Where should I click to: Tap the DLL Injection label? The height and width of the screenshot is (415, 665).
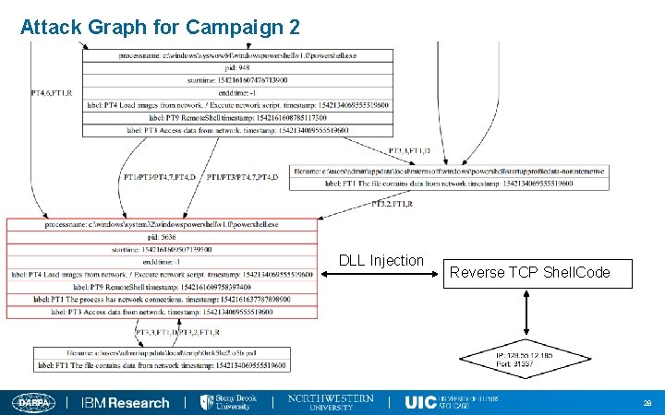[x=381, y=261]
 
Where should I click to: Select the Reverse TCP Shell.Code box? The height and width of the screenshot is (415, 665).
[x=529, y=273]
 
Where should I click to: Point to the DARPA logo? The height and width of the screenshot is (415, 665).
[x=33, y=402]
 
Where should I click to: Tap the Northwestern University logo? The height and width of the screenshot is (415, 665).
[x=331, y=402]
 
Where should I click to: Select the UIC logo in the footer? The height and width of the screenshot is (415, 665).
[x=451, y=402]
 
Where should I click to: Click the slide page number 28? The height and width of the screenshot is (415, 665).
[x=647, y=403]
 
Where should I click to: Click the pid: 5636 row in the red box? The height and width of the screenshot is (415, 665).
[x=161, y=237]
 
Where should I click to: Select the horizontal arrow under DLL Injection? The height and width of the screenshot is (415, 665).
[x=381, y=274]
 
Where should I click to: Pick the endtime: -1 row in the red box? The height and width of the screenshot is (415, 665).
[x=161, y=262]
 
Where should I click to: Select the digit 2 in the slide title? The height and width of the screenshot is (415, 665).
[x=294, y=27]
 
